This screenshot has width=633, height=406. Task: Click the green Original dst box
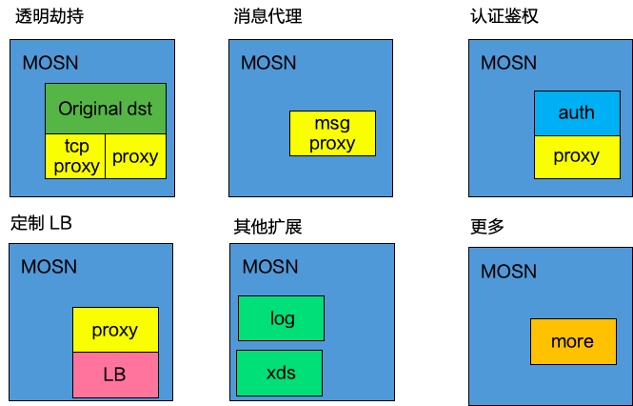click(106, 108)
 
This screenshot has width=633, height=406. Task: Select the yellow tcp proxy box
click(75, 156)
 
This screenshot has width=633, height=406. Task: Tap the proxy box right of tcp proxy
click(135, 156)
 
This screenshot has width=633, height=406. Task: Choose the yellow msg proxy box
click(332, 133)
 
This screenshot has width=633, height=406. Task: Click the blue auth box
click(576, 112)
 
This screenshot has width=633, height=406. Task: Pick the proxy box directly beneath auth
click(576, 156)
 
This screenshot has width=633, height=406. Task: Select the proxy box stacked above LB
click(115, 331)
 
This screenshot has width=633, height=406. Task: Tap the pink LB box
click(115, 375)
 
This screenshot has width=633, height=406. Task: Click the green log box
click(281, 318)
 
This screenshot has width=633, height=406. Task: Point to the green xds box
click(280, 373)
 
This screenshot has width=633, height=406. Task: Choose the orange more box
click(572, 341)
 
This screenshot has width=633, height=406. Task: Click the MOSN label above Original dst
click(50, 63)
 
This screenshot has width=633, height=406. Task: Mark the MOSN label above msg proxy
click(268, 63)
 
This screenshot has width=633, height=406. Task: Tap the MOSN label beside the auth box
click(508, 63)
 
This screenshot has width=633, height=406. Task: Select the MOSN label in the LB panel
click(49, 266)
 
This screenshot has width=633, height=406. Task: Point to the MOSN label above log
click(270, 266)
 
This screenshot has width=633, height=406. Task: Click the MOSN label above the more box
click(508, 272)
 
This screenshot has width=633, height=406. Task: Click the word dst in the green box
click(147, 108)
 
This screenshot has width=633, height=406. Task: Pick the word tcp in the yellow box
click(76, 148)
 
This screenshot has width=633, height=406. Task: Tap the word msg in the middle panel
click(332, 124)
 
